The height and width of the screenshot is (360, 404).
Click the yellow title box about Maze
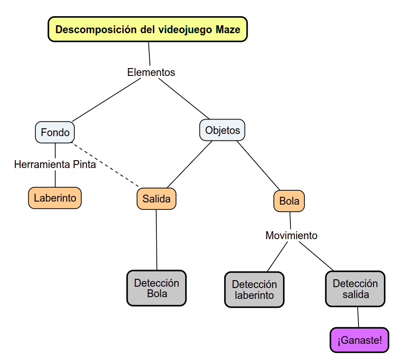148,30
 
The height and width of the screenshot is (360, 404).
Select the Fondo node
55,132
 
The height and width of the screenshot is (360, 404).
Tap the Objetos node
222,130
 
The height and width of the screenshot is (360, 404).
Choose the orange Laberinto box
55,198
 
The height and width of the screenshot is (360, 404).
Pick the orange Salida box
156,199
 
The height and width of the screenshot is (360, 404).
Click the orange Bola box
289,201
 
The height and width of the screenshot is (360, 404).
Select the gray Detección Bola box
157,288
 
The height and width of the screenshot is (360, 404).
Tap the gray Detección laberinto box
254,290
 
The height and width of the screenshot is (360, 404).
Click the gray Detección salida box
355,288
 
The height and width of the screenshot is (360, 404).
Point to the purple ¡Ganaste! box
359,340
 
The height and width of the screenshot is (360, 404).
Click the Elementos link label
151,72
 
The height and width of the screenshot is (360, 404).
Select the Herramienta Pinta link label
55,165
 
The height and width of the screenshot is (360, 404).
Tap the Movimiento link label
291,236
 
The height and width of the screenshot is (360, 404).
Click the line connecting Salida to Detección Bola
157,240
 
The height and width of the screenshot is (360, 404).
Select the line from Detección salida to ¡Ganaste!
358,317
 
